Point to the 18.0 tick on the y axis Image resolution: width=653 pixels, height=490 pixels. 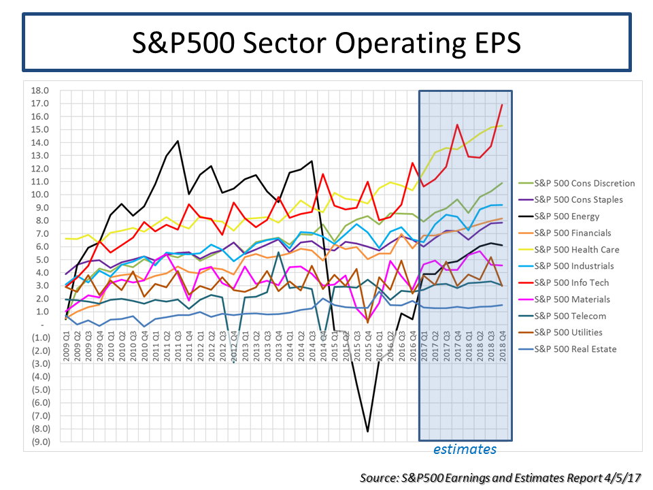click(40, 91)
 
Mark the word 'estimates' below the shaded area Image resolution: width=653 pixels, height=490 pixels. click(465, 449)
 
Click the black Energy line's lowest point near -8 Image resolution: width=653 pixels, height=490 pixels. click(368, 431)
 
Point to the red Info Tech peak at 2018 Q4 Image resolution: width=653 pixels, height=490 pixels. click(502, 104)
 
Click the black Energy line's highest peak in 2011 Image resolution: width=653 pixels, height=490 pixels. click(178, 141)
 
